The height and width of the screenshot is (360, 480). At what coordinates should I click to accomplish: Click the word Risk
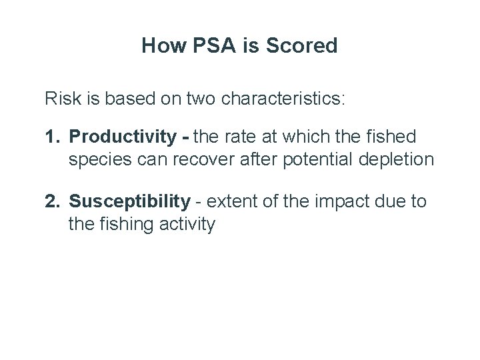(61, 100)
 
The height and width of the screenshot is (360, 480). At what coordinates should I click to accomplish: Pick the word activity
(188, 223)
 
